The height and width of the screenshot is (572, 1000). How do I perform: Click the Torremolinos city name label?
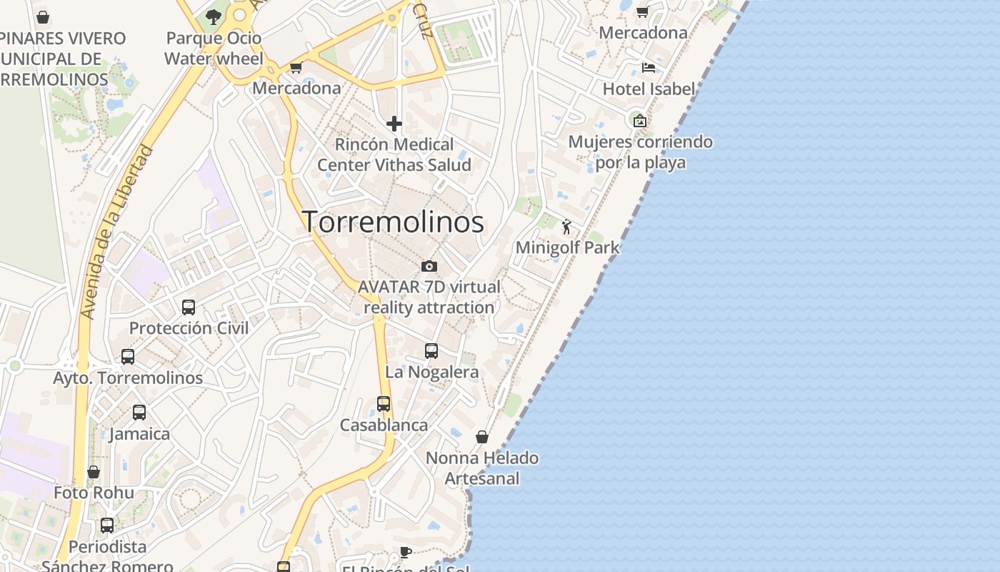pyautogui.click(x=393, y=222)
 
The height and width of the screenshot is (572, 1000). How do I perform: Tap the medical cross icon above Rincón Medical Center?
pyautogui.click(x=394, y=124)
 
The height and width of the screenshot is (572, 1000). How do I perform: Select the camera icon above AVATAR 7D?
pyautogui.click(x=429, y=266)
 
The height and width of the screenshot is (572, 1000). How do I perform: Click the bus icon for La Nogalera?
pyautogui.click(x=431, y=350)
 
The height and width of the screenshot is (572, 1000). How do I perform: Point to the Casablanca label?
pyautogui.click(x=384, y=425)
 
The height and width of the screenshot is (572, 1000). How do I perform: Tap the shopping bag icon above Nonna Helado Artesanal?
pyautogui.click(x=482, y=436)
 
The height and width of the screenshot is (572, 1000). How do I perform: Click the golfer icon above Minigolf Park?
pyautogui.click(x=566, y=227)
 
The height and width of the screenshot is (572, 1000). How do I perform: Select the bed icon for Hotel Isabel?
pyautogui.click(x=648, y=68)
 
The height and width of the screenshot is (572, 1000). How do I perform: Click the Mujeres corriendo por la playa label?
pyautogui.click(x=640, y=152)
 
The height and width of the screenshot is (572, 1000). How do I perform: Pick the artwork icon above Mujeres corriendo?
pyautogui.click(x=639, y=121)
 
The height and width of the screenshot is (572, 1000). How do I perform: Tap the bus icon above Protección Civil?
pyautogui.click(x=189, y=307)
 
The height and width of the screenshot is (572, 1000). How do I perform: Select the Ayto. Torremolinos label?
pyautogui.click(x=128, y=378)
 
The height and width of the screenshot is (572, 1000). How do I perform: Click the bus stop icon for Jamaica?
pyautogui.click(x=139, y=412)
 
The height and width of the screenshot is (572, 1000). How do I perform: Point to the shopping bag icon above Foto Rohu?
pyautogui.click(x=94, y=472)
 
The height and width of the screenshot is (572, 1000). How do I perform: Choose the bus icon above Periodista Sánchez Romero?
pyautogui.click(x=107, y=525)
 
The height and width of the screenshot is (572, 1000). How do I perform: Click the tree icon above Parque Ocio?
pyautogui.click(x=213, y=16)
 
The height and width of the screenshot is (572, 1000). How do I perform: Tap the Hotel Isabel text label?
pyautogui.click(x=649, y=89)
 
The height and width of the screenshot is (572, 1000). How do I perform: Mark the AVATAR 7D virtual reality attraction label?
pyautogui.click(x=429, y=297)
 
